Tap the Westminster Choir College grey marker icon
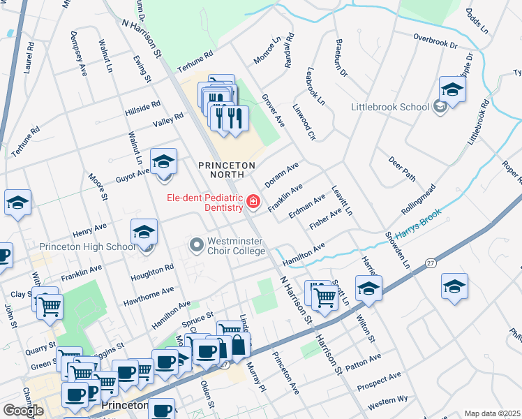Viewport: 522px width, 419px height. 196,245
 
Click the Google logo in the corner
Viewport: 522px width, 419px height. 23,410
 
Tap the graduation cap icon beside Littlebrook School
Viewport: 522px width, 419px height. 452,90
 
